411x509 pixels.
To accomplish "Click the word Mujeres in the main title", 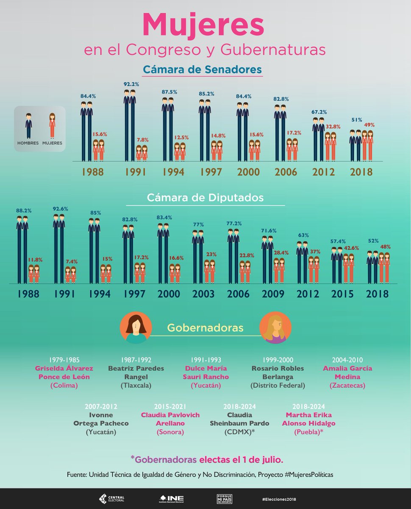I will [203, 25].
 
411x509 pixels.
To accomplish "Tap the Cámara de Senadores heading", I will [202, 69].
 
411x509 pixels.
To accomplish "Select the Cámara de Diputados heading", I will [205, 198].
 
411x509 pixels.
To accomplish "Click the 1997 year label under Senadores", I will [211, 172].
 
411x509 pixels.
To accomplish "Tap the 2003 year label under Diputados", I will [203, 294].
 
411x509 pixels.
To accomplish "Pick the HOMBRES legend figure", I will [28, 126].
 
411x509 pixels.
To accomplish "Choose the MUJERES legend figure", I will [52, 126].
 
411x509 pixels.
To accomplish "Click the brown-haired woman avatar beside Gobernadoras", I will [136, 327].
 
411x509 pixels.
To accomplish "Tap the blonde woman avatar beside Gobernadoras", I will [275, 327].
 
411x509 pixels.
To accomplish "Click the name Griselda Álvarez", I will [64, 368].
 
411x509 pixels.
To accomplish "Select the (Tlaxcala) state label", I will [136, 386].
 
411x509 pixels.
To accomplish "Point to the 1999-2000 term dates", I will [278, 360].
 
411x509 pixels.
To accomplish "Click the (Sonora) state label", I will [170, 432].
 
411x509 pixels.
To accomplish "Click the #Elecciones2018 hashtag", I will [279, 499].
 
